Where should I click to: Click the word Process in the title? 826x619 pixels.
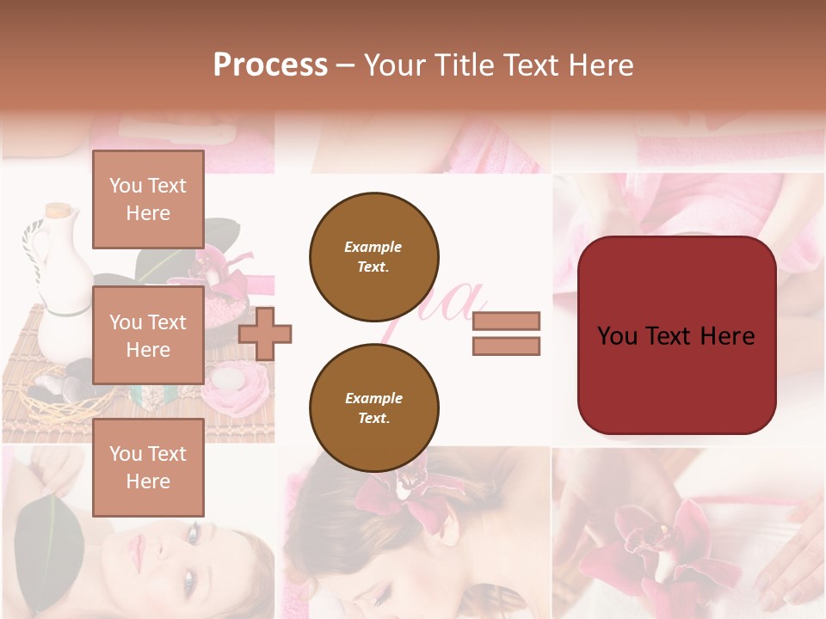tap(270, 65)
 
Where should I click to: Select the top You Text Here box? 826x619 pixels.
tap(148, 199)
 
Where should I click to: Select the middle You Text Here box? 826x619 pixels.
tap(148, 335)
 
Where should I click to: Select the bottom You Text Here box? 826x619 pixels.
tap(148, 467)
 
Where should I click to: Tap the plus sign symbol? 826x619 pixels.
tap(265, 333)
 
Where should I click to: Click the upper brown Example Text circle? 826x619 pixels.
tap(374, 257)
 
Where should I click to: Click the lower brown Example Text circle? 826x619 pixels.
tap(374, 408)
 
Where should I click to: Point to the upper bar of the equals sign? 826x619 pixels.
tap(506, 321)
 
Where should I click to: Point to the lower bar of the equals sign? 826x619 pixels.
tap(506, 346)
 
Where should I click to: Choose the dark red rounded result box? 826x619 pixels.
tap(676, 335)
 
